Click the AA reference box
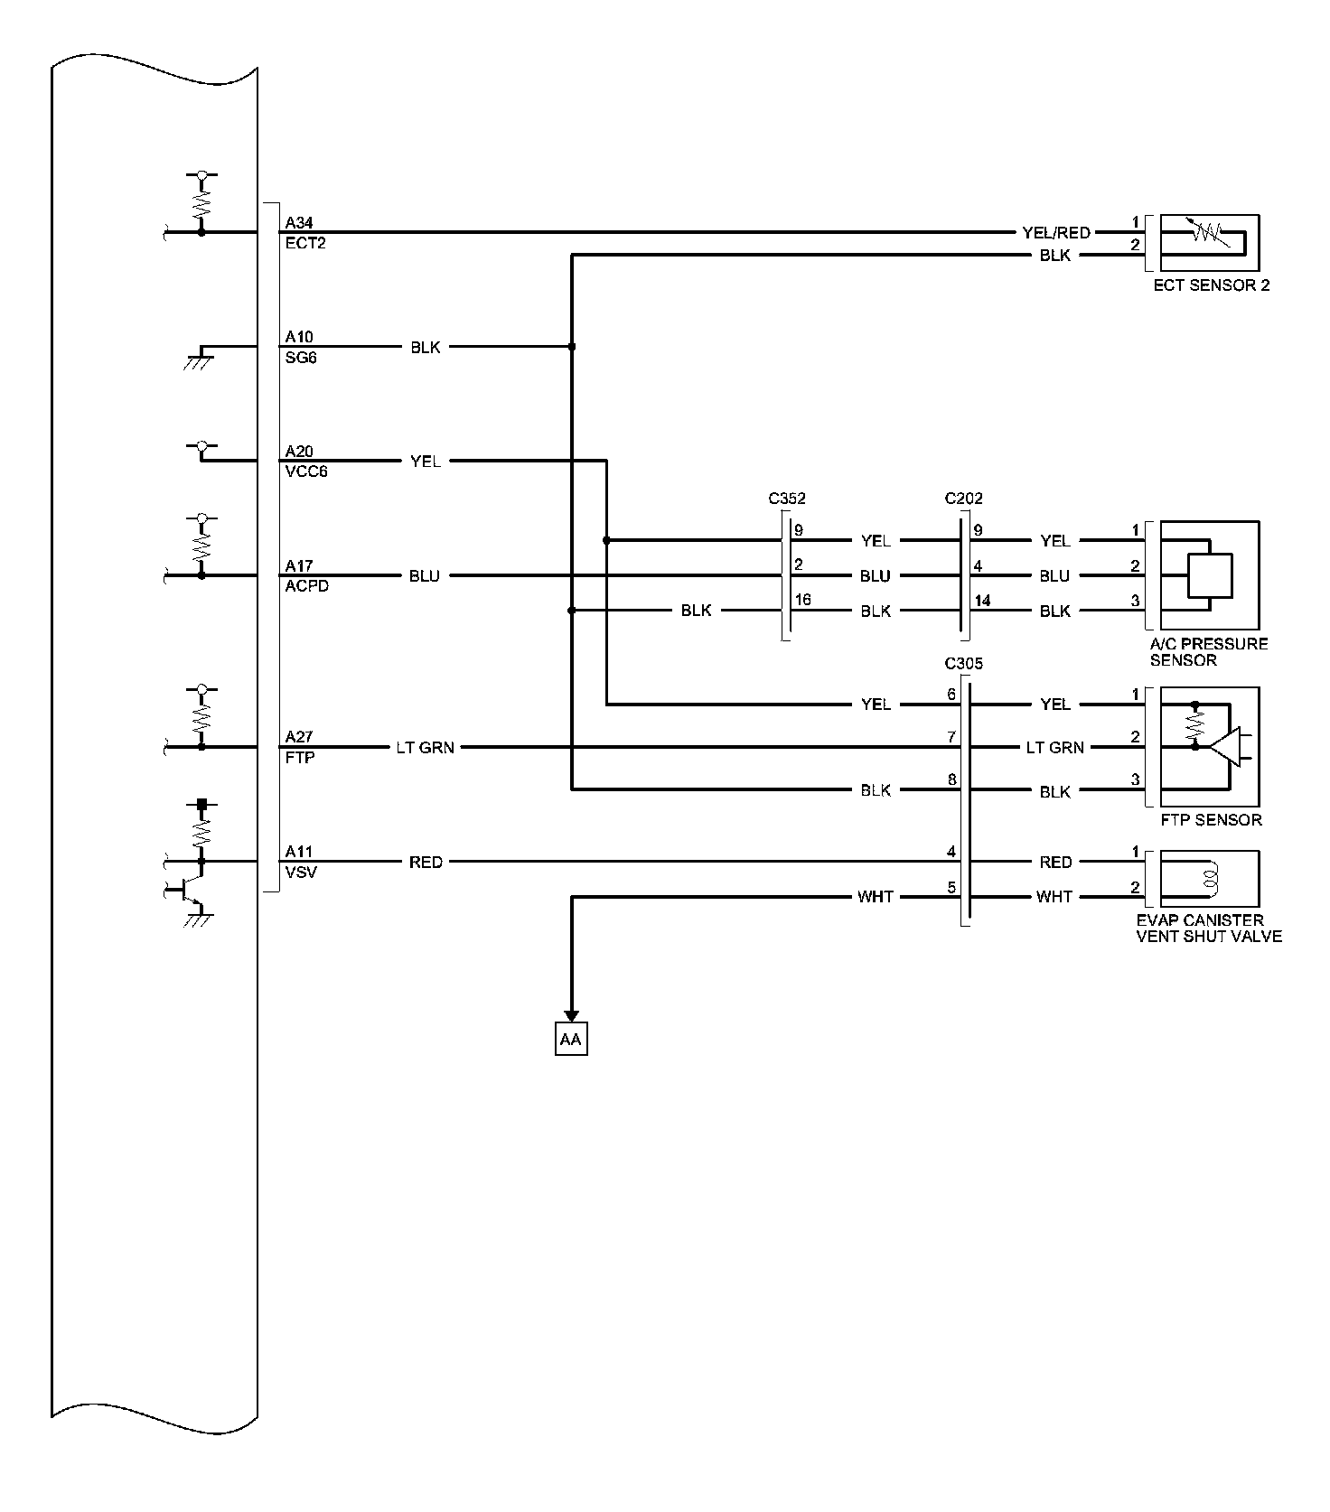point(570,1040)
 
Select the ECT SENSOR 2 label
point(1211,285)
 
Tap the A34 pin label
point(299,222)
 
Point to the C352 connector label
point(787,499)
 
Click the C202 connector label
point(963,499)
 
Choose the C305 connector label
point(963,664)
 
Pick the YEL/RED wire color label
point(1055,233)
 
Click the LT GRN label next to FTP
point(425,748)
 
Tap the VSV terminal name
point(300,873)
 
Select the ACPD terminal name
point(306,586)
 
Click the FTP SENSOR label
point(1211,820)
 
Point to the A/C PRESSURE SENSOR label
point(1208,652)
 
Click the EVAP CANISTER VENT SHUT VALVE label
point(1208,929)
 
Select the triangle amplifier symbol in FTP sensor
point(1226,747)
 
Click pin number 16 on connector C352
point(802,601)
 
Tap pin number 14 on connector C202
point(982,601)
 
